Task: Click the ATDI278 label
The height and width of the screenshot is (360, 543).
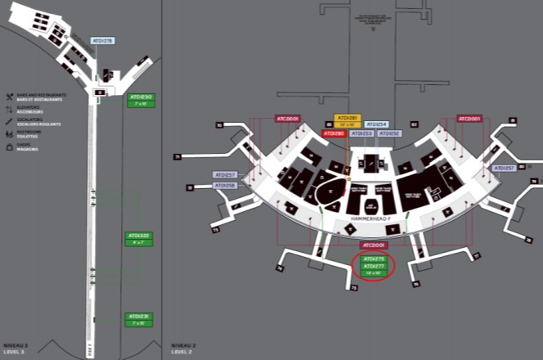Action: click(x=103, y=40)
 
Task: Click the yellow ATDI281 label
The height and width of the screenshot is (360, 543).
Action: click(x=348, y=118)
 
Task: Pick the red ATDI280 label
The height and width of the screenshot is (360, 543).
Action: click(x=334, y=133)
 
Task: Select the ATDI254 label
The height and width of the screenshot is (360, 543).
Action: click(x=376, y=124)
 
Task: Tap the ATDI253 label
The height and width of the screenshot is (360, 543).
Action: click(x=362, y=133)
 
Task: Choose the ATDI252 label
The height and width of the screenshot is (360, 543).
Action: click(x=389, y=133)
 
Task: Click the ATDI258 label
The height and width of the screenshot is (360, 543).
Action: click(x=224, y=186)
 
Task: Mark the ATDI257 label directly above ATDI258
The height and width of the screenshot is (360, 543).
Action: click(x=224, y=175)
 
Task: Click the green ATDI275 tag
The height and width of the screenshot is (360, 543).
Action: click(x=373, y=259)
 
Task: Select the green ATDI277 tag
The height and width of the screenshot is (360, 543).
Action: click(x=373, y=266)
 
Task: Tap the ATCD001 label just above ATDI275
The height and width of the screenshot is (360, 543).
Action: click(x=373, y=245)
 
